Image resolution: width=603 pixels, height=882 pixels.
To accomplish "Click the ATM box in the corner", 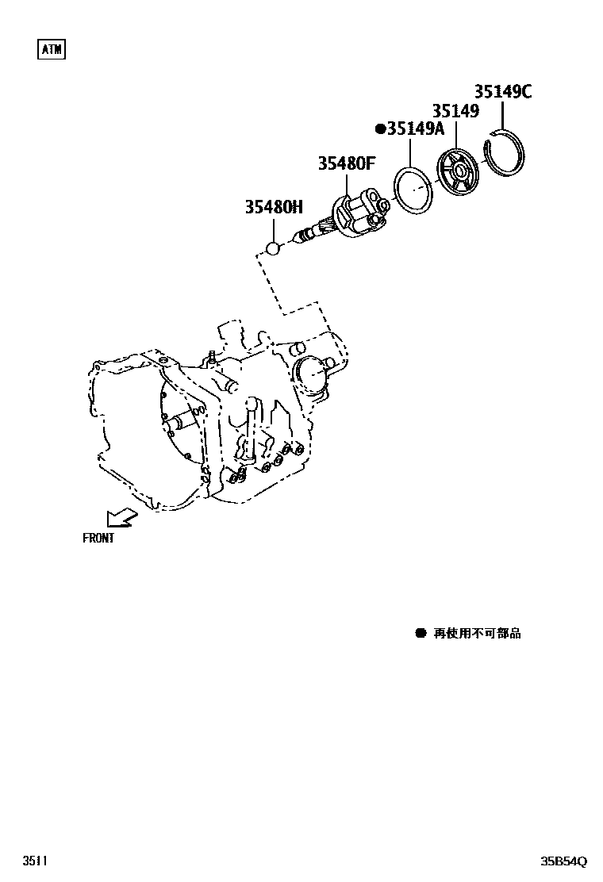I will (52, 49).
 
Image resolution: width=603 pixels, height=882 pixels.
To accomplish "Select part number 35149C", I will (503, 92).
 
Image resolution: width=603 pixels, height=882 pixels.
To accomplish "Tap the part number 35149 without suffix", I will (455, 111).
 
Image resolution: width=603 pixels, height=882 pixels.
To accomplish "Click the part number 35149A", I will (416, 128).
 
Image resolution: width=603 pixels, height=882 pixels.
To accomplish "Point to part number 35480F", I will (346, 164).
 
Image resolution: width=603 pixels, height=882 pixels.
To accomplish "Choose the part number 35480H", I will (274, 208).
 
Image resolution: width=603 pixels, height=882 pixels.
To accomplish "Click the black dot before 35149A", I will (380, 128).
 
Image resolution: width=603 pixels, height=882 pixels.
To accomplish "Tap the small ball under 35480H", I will (273, 249).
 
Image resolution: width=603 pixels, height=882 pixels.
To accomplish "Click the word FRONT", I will (98, 539).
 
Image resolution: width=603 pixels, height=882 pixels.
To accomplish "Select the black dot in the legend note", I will (421, 633).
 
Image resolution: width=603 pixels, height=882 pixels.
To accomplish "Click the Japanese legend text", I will (477, 633).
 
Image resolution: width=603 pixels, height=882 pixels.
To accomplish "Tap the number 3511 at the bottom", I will (35, 861).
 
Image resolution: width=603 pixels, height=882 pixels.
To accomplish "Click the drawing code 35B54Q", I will (563, 861).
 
